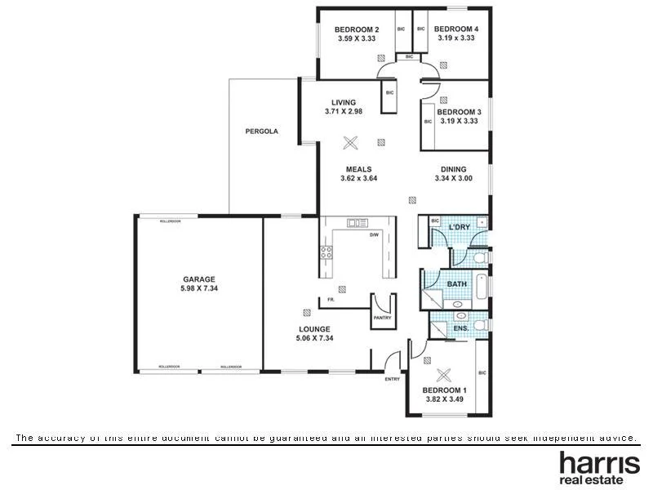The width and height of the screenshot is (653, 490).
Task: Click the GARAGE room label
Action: (198, 279)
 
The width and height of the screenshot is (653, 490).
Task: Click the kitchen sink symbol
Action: (357, 223)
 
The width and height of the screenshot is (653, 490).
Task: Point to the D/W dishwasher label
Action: (375, 235)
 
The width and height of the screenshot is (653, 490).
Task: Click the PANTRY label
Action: (382, 318)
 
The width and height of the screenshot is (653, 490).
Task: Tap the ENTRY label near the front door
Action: (393, 379)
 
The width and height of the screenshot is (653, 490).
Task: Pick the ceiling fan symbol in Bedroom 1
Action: (444, 375)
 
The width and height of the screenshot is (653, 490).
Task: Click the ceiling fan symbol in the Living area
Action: (351, 143)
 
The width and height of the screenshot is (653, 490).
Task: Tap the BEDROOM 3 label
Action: (459, 112)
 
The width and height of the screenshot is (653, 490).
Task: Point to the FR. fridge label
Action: (331, 300)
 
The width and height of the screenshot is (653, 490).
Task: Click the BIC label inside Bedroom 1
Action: (482, 373)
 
